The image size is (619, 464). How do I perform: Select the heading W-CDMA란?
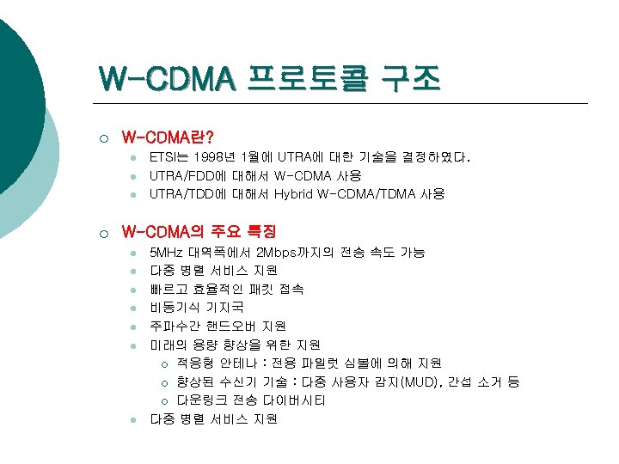pyautogui.click(x=169, y=137)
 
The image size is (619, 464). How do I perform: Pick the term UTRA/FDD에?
pyautogui.click(x=187, y=176)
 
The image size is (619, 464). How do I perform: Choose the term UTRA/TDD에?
pyautogui.click(x=187, y=194)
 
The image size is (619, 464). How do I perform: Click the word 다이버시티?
pyautogui.click(x=291, y=401)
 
